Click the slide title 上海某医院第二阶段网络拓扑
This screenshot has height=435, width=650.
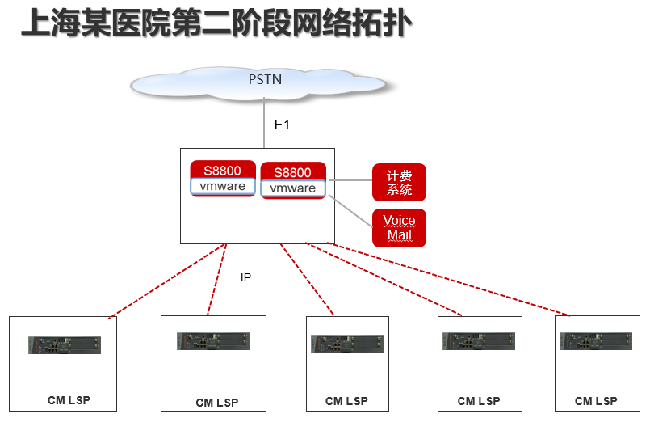216,23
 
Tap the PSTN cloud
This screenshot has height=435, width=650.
264,81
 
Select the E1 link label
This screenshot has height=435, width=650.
282,125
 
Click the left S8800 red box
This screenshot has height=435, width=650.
222,170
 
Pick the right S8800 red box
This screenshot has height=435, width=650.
292,172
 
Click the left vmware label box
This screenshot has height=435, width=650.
223,187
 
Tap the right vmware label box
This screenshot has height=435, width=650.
292,188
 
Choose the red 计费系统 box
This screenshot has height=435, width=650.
399,183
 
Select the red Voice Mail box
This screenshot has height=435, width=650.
399,228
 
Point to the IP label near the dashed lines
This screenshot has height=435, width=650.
245,277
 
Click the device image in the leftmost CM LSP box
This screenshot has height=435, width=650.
65,345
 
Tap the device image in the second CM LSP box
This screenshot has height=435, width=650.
213,341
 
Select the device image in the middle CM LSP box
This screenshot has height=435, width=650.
347,343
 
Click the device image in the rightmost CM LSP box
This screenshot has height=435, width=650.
596,341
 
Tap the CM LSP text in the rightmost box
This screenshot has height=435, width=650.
596,401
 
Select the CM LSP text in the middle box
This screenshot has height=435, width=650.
346,401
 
